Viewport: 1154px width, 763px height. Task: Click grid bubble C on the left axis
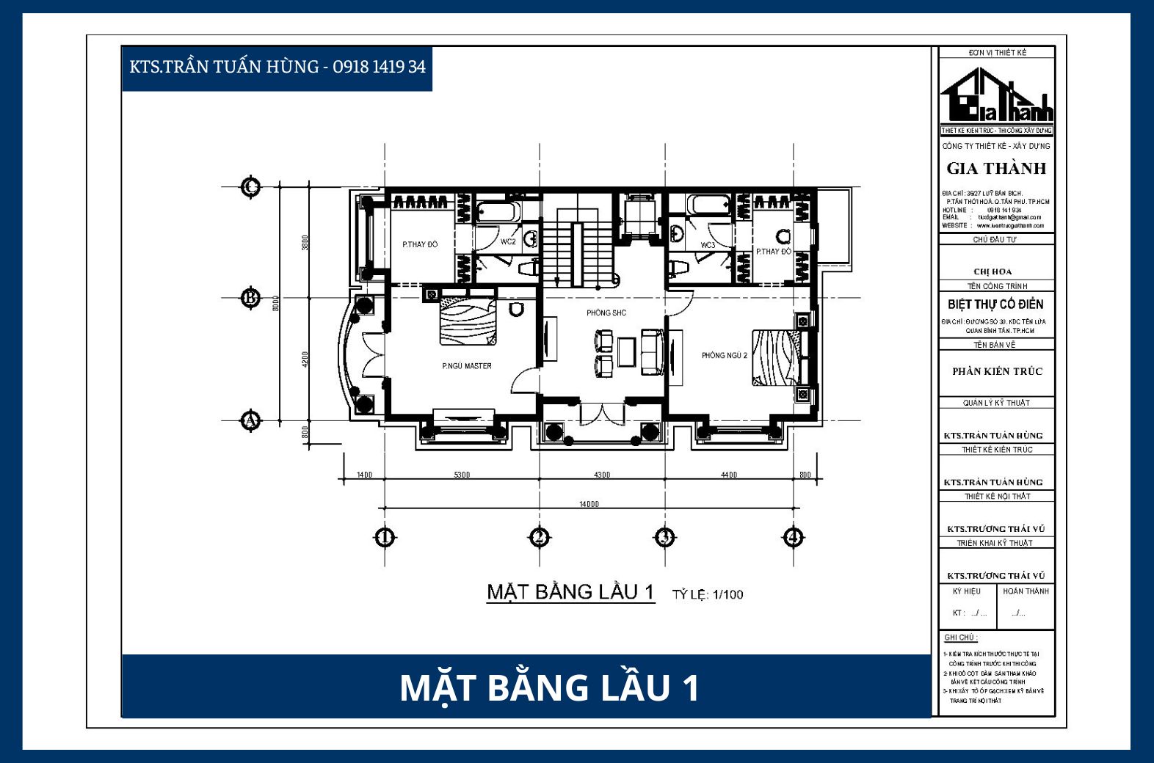pyautogui.click(x=251, y=187)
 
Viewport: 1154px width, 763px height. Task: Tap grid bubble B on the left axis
pyautogui.click(x=251, y=298)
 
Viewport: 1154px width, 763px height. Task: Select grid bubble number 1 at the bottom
pyautogui.click(x=385, y=538)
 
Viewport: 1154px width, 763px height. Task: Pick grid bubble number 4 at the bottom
pyautogui.click(x=793, y=538)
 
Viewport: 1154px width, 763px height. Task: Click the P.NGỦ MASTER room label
pyautogui.click(x=467, y=366)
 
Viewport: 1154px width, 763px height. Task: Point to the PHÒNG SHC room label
pyautogui.click(x=606, y=313)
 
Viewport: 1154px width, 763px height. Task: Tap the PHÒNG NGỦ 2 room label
pyautogui.click(x=724, y=356)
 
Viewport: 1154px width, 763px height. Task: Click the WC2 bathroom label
pyautogui.click(x=508, y=242)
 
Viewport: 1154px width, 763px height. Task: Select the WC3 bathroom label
pyautogui.click(x=708, y=245)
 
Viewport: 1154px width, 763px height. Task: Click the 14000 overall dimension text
pyautogui.click(x=589, y=504)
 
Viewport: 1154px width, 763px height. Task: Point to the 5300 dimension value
pyautogui.click(x=462, y=475)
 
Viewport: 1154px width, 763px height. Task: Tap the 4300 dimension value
pyautogui.click(x=602, y=475)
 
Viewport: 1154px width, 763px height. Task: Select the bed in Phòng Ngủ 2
pyautogui.click(x=777, y=357)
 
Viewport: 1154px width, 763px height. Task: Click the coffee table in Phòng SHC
pyautogui.click(x=626, y=351)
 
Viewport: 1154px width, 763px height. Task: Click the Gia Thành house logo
pyautogui.click(x=996, y=96)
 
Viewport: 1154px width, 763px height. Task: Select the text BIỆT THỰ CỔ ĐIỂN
pyautogui.click(x=995, y=304)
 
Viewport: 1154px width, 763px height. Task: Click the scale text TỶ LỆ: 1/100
pyautogui.click(x=708, y=595)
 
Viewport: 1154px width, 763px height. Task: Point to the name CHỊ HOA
pyautogui.click(x=992, y=271)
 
